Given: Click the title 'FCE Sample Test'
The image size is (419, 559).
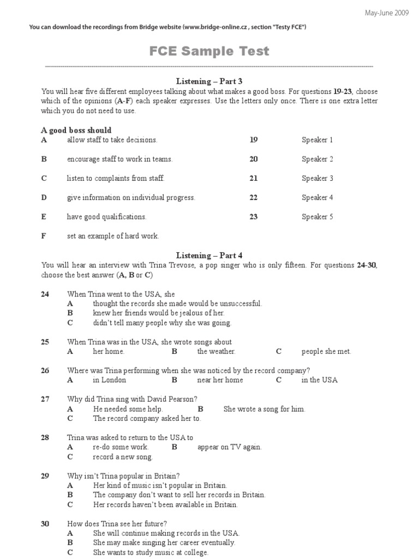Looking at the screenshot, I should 209,51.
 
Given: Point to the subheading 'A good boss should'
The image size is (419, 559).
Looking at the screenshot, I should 76,130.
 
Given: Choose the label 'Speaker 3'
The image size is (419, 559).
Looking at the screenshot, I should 318,179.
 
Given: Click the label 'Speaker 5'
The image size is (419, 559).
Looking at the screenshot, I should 318,217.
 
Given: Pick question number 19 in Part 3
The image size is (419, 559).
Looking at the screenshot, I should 254,140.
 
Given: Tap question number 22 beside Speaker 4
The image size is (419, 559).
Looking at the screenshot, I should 254,198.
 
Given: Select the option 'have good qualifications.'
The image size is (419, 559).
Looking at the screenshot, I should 107,217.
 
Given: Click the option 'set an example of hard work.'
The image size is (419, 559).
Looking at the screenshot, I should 113,236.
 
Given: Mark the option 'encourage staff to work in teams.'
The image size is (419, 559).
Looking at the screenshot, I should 119,159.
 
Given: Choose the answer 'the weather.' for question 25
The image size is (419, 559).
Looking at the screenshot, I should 217,352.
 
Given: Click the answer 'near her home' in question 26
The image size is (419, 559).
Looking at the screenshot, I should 220,380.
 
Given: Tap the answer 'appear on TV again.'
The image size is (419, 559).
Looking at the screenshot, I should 230,447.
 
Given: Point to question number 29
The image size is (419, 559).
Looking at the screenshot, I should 45,476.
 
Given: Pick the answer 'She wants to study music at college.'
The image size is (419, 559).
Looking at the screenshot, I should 151,552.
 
